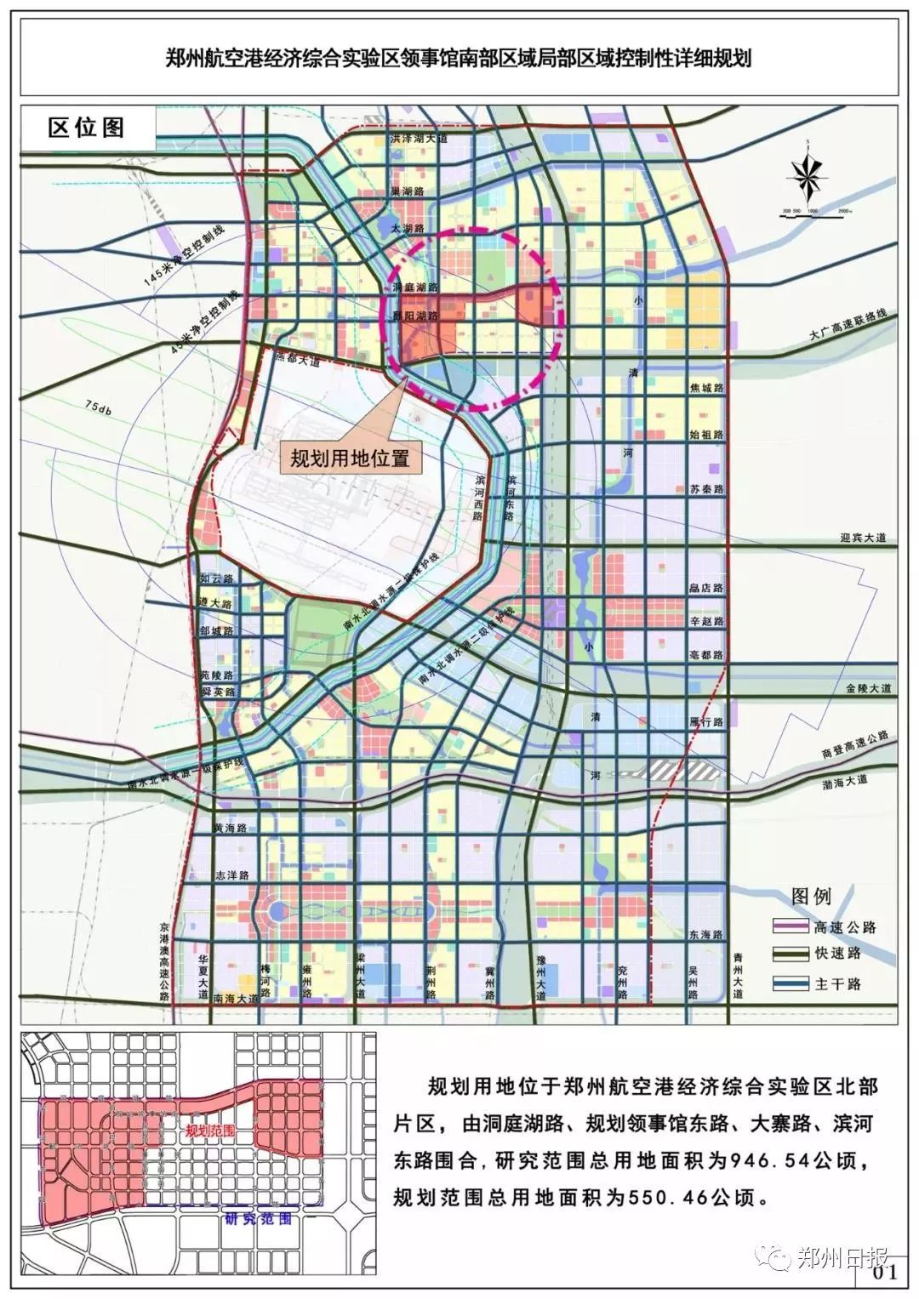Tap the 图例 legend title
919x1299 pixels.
tap(811, 896)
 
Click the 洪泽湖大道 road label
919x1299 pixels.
tap(419, 138)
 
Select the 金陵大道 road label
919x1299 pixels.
tap(868, 687)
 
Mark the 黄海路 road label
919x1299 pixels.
tap(230, 827)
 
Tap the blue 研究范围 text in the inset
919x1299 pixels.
tap(259, 1218)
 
